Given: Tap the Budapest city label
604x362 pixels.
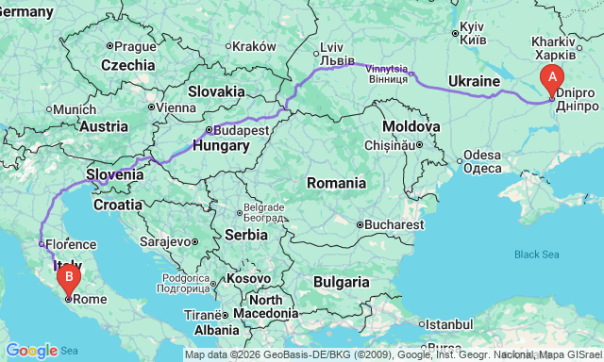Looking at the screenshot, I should (x=242, y=130).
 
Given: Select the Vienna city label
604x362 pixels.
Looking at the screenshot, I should (x=175, y=107).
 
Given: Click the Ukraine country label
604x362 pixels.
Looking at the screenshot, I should (x=474, y=81).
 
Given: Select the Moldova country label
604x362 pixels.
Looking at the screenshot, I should (x=411, y=126).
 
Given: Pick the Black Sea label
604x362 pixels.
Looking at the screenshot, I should (x=536, y=255).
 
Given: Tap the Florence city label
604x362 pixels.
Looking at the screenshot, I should (x=70, y=243).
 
